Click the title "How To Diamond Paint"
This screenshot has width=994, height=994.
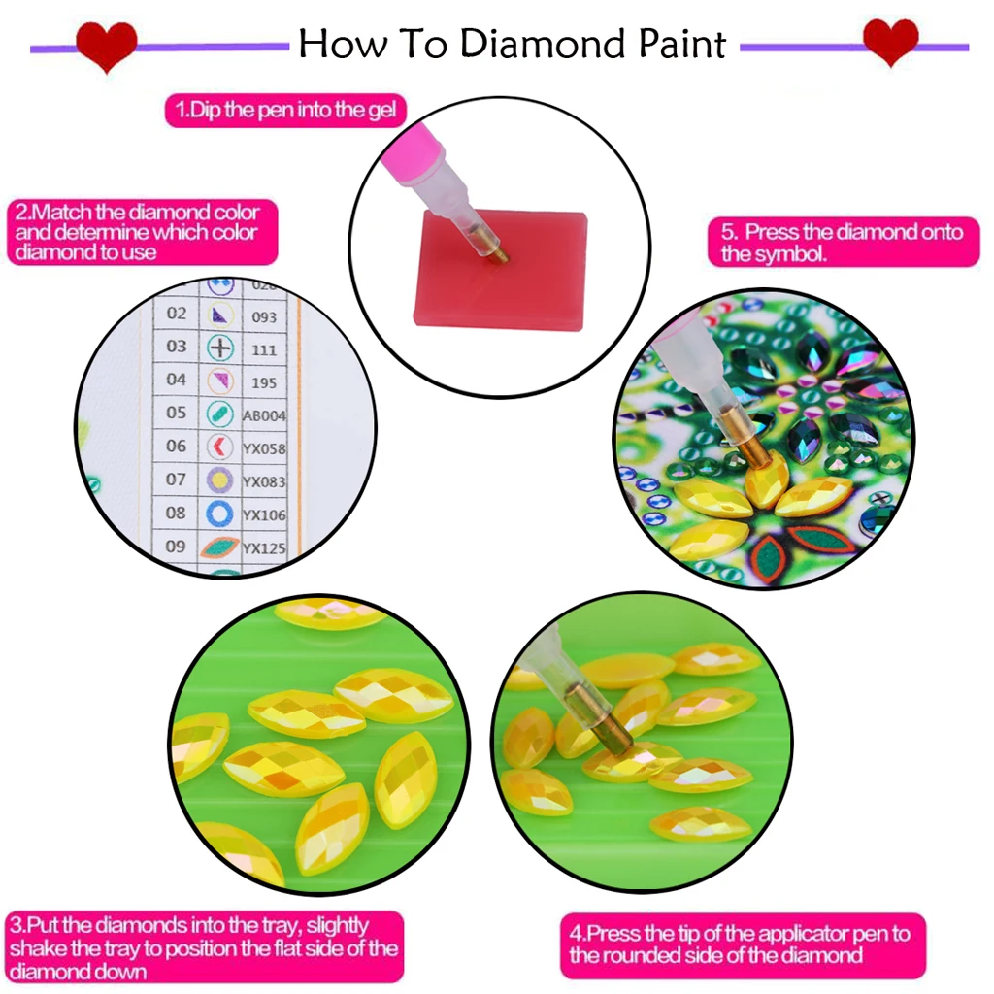(x=512, y=45)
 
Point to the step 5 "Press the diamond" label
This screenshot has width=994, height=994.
(x=842, y=243)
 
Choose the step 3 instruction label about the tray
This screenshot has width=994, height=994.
(x=204, y=947)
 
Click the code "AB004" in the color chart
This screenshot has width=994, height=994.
(x=263, y=415)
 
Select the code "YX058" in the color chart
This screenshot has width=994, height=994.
(x=263, y=448)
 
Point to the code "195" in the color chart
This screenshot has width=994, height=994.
(x=263, y=382)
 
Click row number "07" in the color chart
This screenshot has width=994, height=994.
(x=176, y=479)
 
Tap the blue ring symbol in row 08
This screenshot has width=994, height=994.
(x=220, y=513)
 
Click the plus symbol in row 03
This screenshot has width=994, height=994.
(x=221, y=348)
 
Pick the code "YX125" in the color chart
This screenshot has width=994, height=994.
(x=263, y=548)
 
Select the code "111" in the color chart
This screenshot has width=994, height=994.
(x=263, y=349)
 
